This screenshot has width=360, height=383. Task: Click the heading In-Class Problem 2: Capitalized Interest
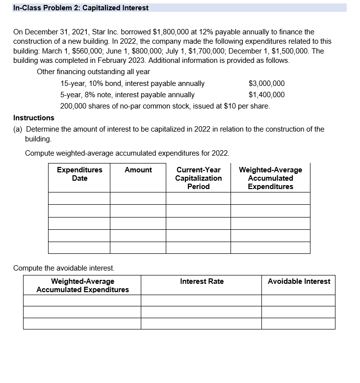81,8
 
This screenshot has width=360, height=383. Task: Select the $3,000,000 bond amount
266,83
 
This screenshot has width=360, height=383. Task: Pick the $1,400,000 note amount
266,95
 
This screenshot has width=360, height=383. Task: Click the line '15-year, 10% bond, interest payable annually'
132,83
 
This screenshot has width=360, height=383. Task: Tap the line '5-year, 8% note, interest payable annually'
127,95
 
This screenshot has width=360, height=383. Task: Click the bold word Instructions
34,118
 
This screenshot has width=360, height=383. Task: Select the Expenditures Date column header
79,174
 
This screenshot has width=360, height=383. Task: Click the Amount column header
138,170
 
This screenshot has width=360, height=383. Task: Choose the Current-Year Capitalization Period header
198,178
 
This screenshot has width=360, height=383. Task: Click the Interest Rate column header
202,281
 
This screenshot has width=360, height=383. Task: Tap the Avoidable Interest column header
299,281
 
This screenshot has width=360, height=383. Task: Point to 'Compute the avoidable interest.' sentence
64,268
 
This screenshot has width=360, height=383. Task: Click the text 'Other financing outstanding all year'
93,72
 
